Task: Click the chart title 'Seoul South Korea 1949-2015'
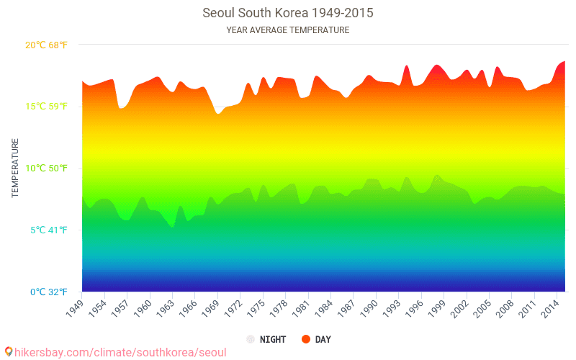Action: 288,13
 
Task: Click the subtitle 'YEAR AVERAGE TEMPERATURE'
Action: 288,30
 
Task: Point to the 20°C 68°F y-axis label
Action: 46,45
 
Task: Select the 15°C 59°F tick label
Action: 46,107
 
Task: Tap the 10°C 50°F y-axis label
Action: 46,168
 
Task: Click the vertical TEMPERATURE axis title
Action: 15,168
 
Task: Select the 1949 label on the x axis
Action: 75,307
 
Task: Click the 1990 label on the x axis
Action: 369,307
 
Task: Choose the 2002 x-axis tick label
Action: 460,307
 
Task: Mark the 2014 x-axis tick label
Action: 551,307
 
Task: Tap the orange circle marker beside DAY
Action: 305,339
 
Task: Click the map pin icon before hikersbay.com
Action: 8,351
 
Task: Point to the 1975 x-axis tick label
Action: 256,307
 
